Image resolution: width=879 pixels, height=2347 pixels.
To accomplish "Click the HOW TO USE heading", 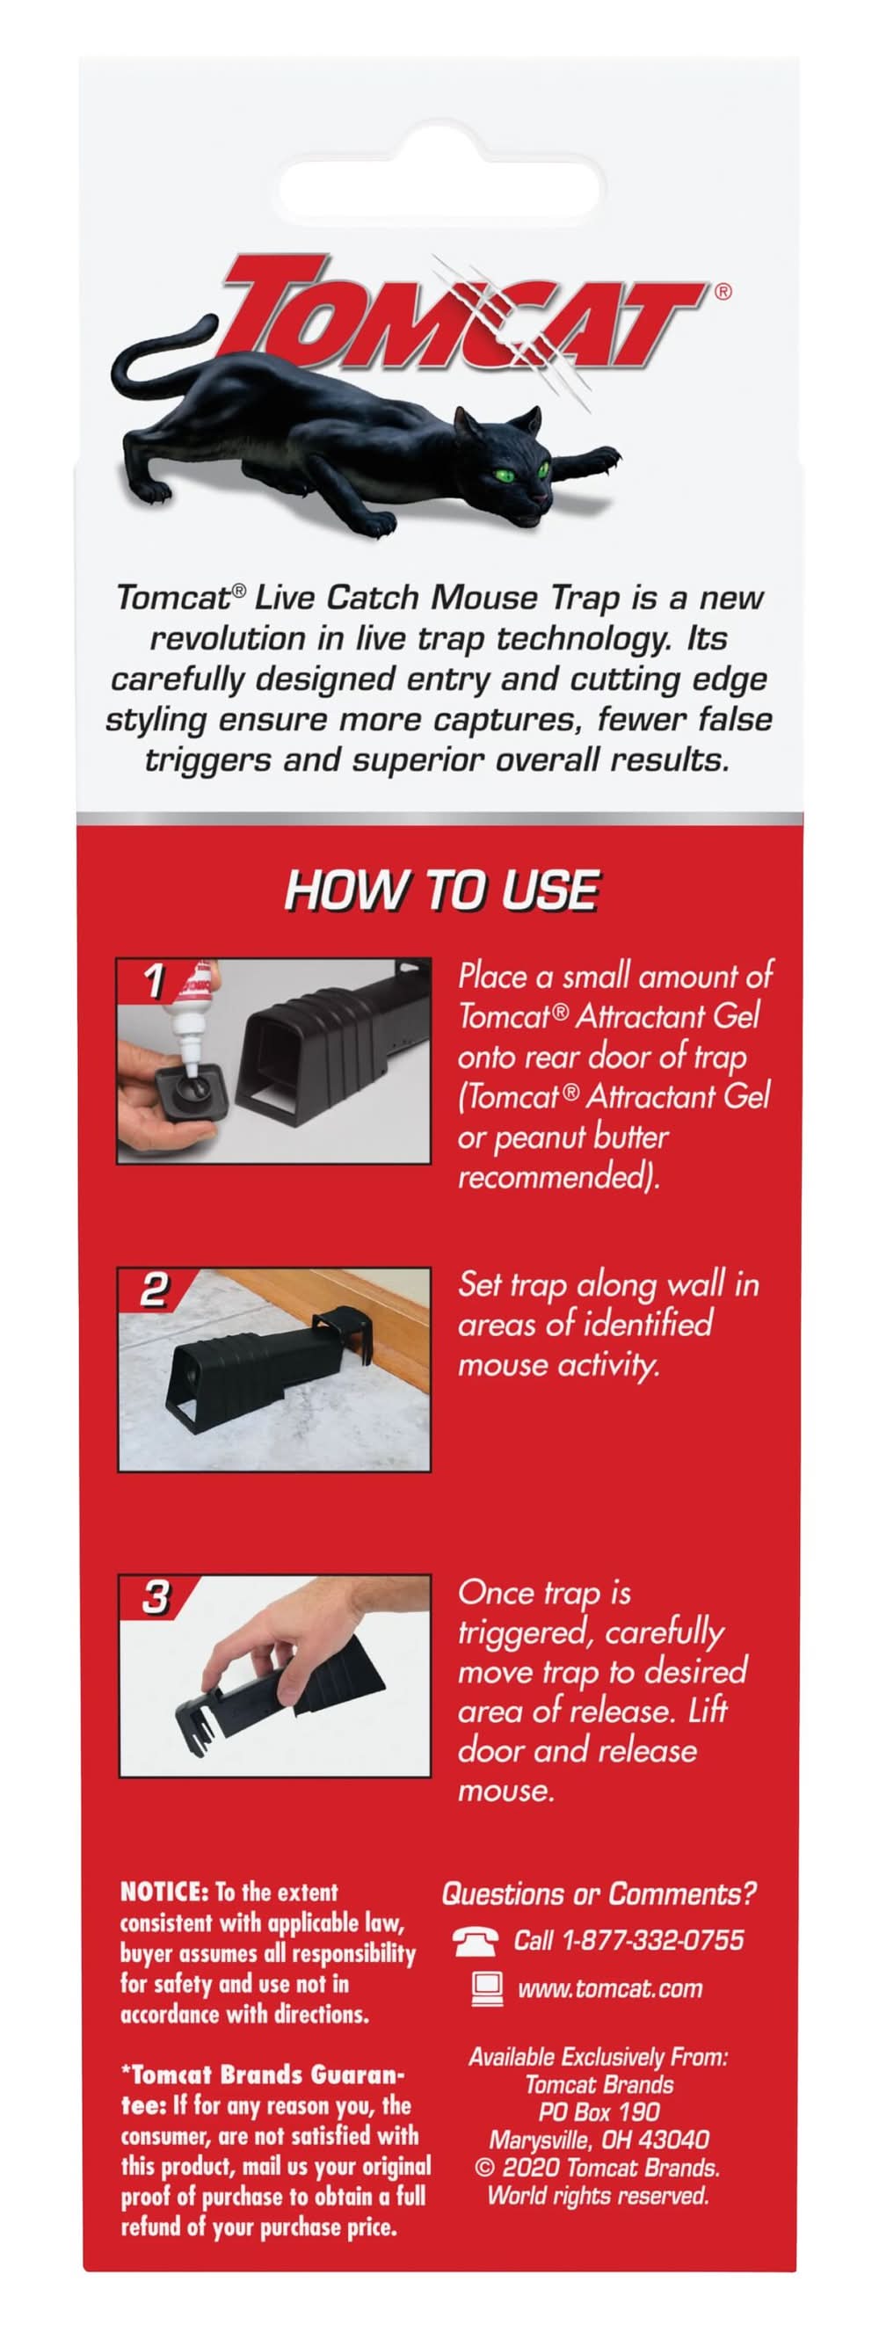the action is pos(442,890).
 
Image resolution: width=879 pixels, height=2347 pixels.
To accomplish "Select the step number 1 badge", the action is pos(154,980).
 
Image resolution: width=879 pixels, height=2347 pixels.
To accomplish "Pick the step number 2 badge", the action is pos(154,1290).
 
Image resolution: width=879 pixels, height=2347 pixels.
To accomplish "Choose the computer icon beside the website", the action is pos(487,1989).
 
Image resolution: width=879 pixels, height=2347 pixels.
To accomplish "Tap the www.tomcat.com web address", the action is pos(610,1989).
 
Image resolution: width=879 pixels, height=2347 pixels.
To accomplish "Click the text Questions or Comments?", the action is pos(599,1894).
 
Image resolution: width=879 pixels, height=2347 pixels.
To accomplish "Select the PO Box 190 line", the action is pos(599,2113).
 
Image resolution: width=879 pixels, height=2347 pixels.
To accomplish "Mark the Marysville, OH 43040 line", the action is pos(599,2140).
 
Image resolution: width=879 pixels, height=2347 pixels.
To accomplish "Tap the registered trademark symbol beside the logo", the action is pos(723,293).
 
